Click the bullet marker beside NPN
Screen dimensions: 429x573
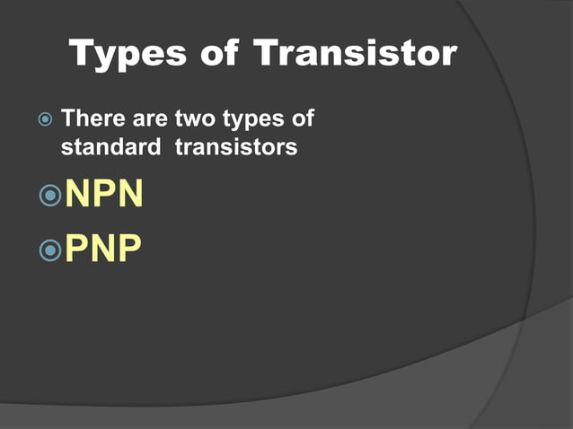click(x=50, y=195)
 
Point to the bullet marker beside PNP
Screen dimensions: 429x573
click(x=50, y=250)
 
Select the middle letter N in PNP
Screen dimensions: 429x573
click(x=104, y=249)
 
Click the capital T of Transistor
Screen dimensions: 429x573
click(x=269, y=55)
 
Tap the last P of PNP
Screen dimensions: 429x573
click(x=129, y=249)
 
